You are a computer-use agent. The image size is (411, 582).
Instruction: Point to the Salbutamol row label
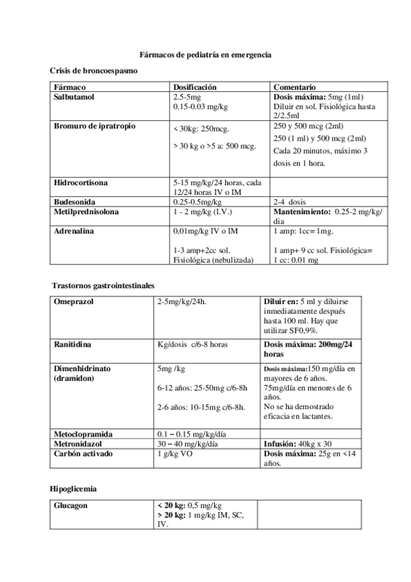[x=74, y=97]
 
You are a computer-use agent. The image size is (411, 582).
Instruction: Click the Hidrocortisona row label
[x=80, y=183]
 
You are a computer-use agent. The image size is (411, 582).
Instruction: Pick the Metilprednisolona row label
[x=86, y=212]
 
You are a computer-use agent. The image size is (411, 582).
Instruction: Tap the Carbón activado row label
[x=84, y=454]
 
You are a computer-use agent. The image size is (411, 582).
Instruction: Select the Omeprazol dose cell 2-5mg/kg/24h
[x=182, y=301]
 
